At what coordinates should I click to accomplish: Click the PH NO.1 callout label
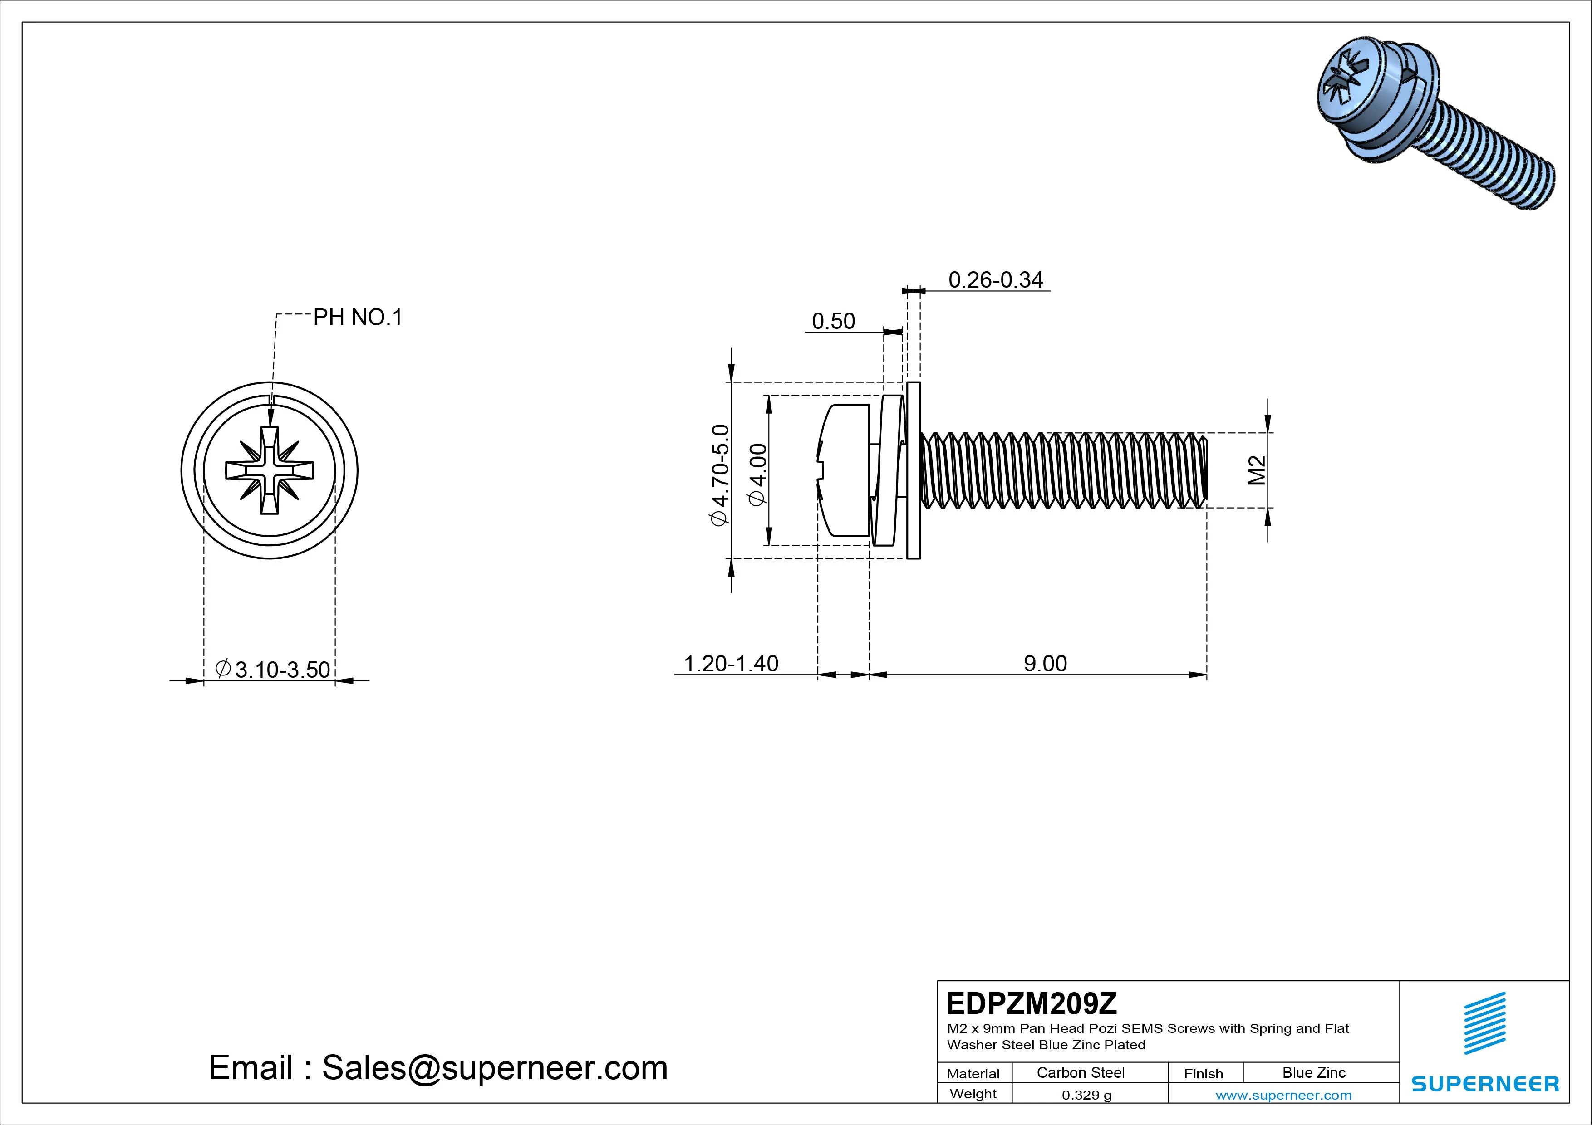357,318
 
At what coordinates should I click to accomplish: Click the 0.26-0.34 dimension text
995,279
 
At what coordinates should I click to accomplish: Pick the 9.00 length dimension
1045,663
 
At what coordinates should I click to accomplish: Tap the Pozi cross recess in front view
269,471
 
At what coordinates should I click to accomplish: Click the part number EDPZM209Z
1032,1003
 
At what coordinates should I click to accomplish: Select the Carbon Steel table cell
1080,1072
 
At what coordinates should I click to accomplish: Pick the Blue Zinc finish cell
1313,1072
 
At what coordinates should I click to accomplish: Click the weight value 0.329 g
1086,1095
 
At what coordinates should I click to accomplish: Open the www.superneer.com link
1283,1095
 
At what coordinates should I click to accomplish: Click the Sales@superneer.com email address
494,1067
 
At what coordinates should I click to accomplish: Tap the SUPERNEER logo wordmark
1484,1083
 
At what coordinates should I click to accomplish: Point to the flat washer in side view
913,471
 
